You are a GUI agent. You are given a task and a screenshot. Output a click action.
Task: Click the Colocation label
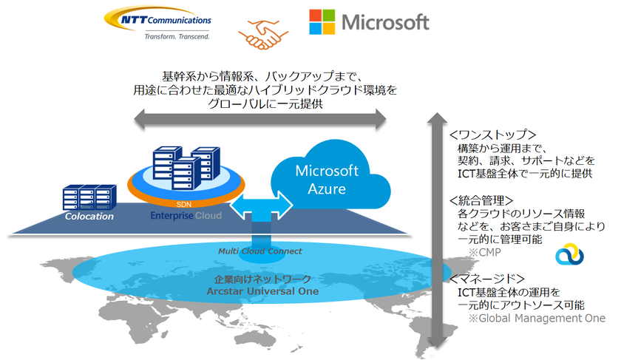(x=89, y=217)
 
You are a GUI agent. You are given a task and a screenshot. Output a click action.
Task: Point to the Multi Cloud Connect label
(x=259, y=251)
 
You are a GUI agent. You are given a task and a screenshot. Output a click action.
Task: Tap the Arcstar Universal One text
(x=263, y=291)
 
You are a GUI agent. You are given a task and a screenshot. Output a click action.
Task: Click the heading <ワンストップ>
(x=492, y=135)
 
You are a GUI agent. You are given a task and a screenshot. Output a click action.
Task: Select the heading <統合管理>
(x=482, y=200)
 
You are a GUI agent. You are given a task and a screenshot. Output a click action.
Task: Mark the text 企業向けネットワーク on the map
(x=262, y=279)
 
